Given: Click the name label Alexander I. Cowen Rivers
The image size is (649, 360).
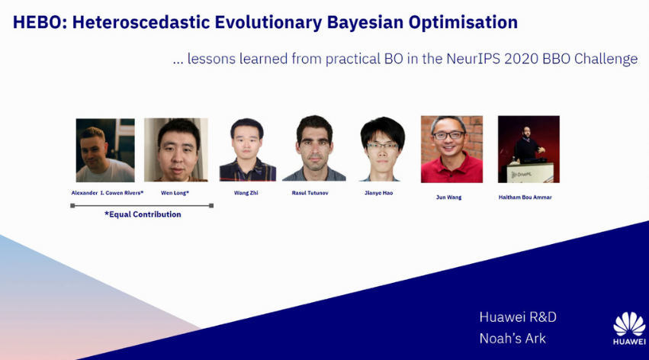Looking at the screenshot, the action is pos(108,193).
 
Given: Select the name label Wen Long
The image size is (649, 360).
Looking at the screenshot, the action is pos(175,193).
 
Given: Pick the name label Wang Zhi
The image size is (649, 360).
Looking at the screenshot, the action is pos(246,193).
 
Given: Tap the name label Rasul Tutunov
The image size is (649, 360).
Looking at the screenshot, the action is pos(310,193).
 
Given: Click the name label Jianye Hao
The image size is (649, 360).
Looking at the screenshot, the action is pos(379,193).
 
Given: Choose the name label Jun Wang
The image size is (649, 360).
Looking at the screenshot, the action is pos(448,198).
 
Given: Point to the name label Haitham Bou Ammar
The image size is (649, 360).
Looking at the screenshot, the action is pos(525,198).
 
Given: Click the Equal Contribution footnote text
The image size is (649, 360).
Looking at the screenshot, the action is pos(143,214).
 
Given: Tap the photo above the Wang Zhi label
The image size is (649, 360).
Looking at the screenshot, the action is pos(248,149).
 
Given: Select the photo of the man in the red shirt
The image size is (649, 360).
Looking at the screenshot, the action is pos(451,149).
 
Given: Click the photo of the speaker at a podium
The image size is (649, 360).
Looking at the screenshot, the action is pos(529,149).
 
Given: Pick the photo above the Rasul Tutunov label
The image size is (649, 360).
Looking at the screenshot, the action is pos(314,148).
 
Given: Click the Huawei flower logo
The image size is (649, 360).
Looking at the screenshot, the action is pos(629,324).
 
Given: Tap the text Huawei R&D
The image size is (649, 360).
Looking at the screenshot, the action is pos(518,317).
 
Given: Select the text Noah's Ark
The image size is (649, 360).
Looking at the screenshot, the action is pos(512,339).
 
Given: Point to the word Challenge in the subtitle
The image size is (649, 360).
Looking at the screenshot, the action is pos(606,59).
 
